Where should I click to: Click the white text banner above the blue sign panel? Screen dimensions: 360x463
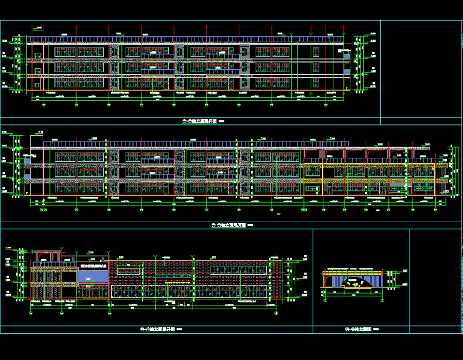tap(93, 266)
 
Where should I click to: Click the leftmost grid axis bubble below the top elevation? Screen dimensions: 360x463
tap(43, 105)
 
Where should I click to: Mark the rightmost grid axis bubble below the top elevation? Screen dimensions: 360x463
tap(326, 105)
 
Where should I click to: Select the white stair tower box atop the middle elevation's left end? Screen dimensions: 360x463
tap(37, 141)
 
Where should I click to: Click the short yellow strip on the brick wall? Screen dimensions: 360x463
tap(176, 282)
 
